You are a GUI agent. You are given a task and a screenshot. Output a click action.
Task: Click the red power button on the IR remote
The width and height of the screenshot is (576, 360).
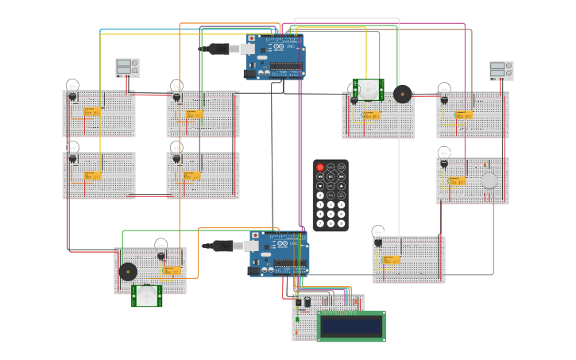[x=320, y=167]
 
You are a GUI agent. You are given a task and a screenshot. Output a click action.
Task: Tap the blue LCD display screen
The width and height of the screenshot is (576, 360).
[x=351, y=327]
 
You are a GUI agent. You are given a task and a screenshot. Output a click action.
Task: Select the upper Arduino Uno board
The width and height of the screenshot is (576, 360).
[x=274, y=57]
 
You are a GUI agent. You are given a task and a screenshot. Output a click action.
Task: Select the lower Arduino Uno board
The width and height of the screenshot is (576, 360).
[x=279, y=254]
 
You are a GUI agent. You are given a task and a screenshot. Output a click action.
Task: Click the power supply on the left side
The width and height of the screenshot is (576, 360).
[x=127, y=68]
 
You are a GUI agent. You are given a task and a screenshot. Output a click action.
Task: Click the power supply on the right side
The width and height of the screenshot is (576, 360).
[x=501, y=71]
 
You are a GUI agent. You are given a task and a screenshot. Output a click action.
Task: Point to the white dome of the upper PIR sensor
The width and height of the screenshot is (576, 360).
[x=369, y=91]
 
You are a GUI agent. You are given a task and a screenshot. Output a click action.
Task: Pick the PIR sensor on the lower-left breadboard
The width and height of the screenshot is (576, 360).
[x=146, y=296]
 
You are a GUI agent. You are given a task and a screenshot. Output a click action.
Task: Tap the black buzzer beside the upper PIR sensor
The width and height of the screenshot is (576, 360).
[x=403, y=94]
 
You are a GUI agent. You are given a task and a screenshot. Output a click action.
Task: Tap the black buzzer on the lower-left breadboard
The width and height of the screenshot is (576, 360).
[x=128, y=272]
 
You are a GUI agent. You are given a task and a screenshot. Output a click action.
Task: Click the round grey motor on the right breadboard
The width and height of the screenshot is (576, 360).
[x=489, y=180]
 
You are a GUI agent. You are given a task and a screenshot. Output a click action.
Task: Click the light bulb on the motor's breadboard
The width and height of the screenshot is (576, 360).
[x=444, y=154]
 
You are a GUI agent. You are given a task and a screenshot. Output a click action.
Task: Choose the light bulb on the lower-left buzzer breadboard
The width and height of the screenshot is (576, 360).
[x=161, y=246]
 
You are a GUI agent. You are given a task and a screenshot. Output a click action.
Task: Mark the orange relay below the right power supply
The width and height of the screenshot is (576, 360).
[x=464, y=115]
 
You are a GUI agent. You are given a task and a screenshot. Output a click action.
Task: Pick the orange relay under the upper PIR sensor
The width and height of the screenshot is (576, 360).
[x=370, y=116]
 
